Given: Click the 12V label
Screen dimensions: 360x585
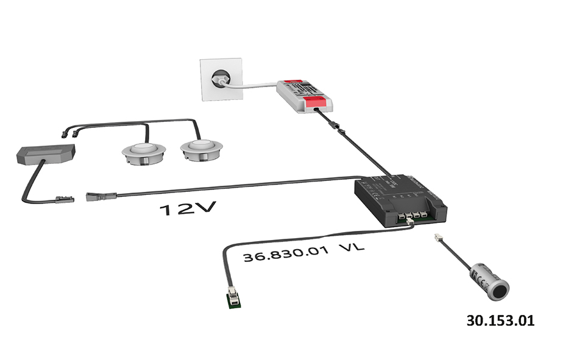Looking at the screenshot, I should click(188, 210).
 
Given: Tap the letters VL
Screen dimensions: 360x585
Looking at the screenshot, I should click(348, 249).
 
